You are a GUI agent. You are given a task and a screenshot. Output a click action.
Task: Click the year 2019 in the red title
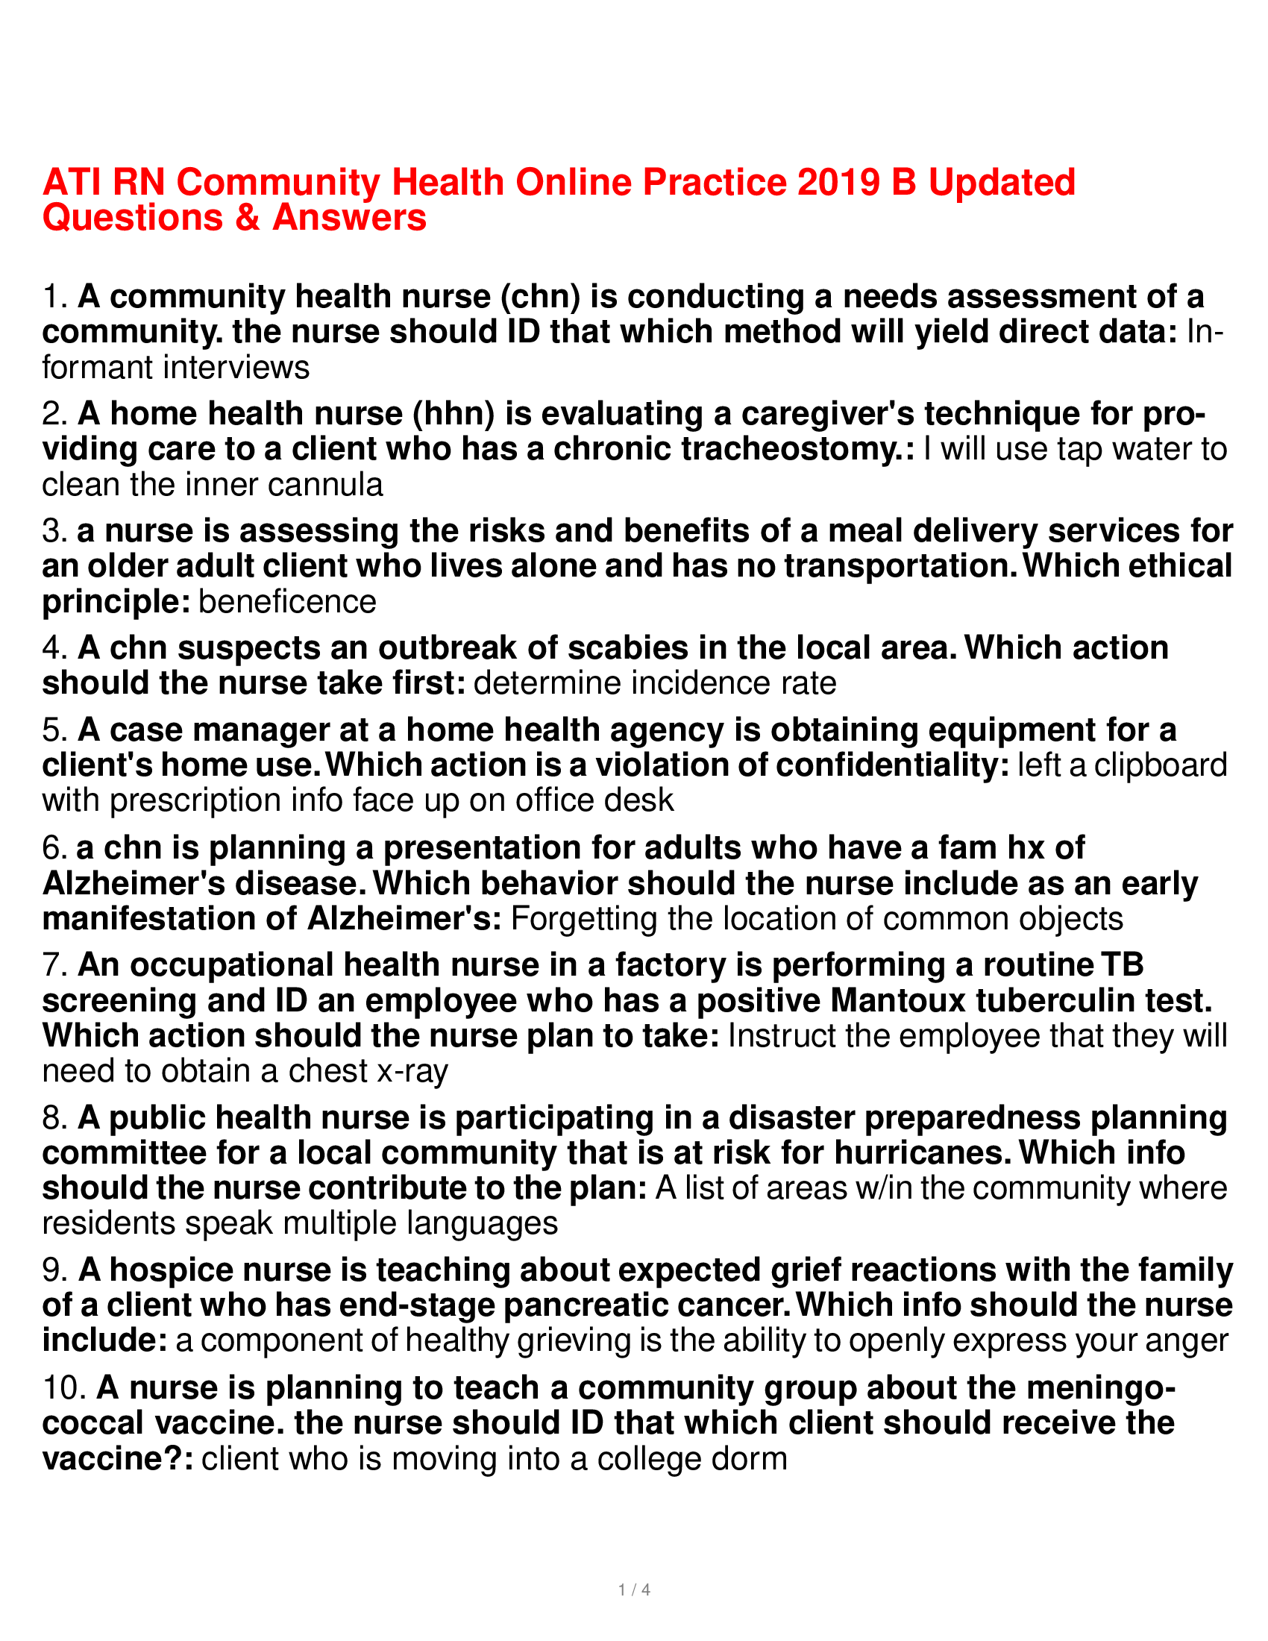pos(838,183)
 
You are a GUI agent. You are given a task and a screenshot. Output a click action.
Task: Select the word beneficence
pos(287,602)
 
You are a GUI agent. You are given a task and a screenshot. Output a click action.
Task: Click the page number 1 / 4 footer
pos(633,1589)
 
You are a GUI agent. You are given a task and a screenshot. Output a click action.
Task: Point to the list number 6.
pos(55,847)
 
